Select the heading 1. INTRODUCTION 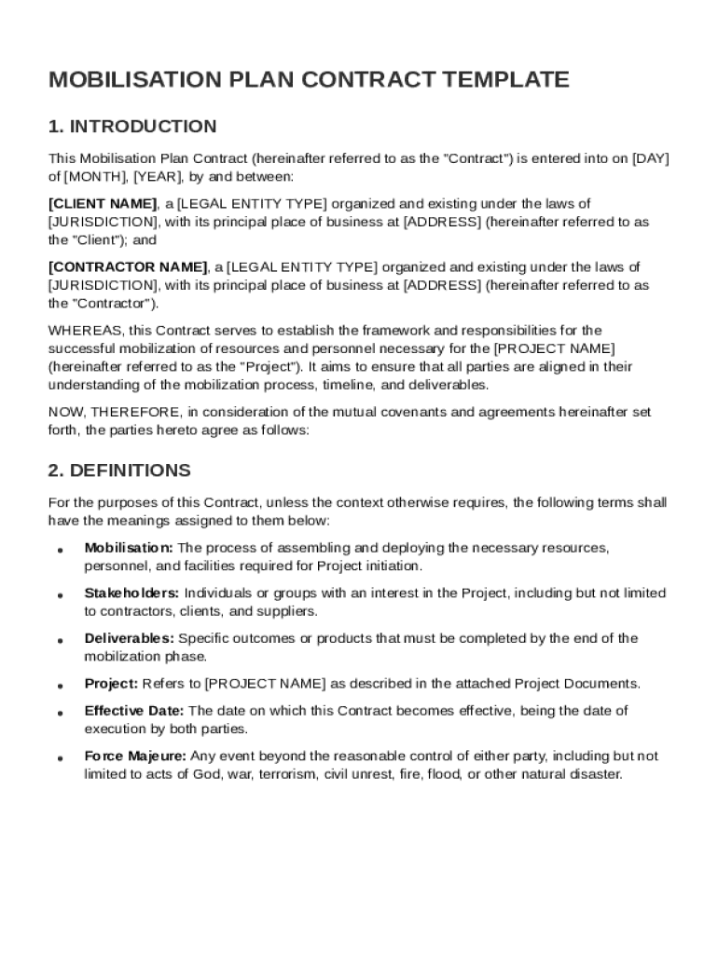pos(132,127)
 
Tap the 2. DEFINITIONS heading pos(119,470)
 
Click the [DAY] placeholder pos(651,158)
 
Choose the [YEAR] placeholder pos(157,176)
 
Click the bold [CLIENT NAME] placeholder pos(103,203)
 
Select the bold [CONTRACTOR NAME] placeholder pos(127,267)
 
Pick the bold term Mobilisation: pos(128,548)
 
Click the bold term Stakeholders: pos(131,593)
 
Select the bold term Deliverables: pos(129,638)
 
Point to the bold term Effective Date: pos(133,711)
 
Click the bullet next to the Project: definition pos(60,686)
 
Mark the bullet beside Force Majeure pos(60,757)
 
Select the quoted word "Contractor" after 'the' pos(113,304)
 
